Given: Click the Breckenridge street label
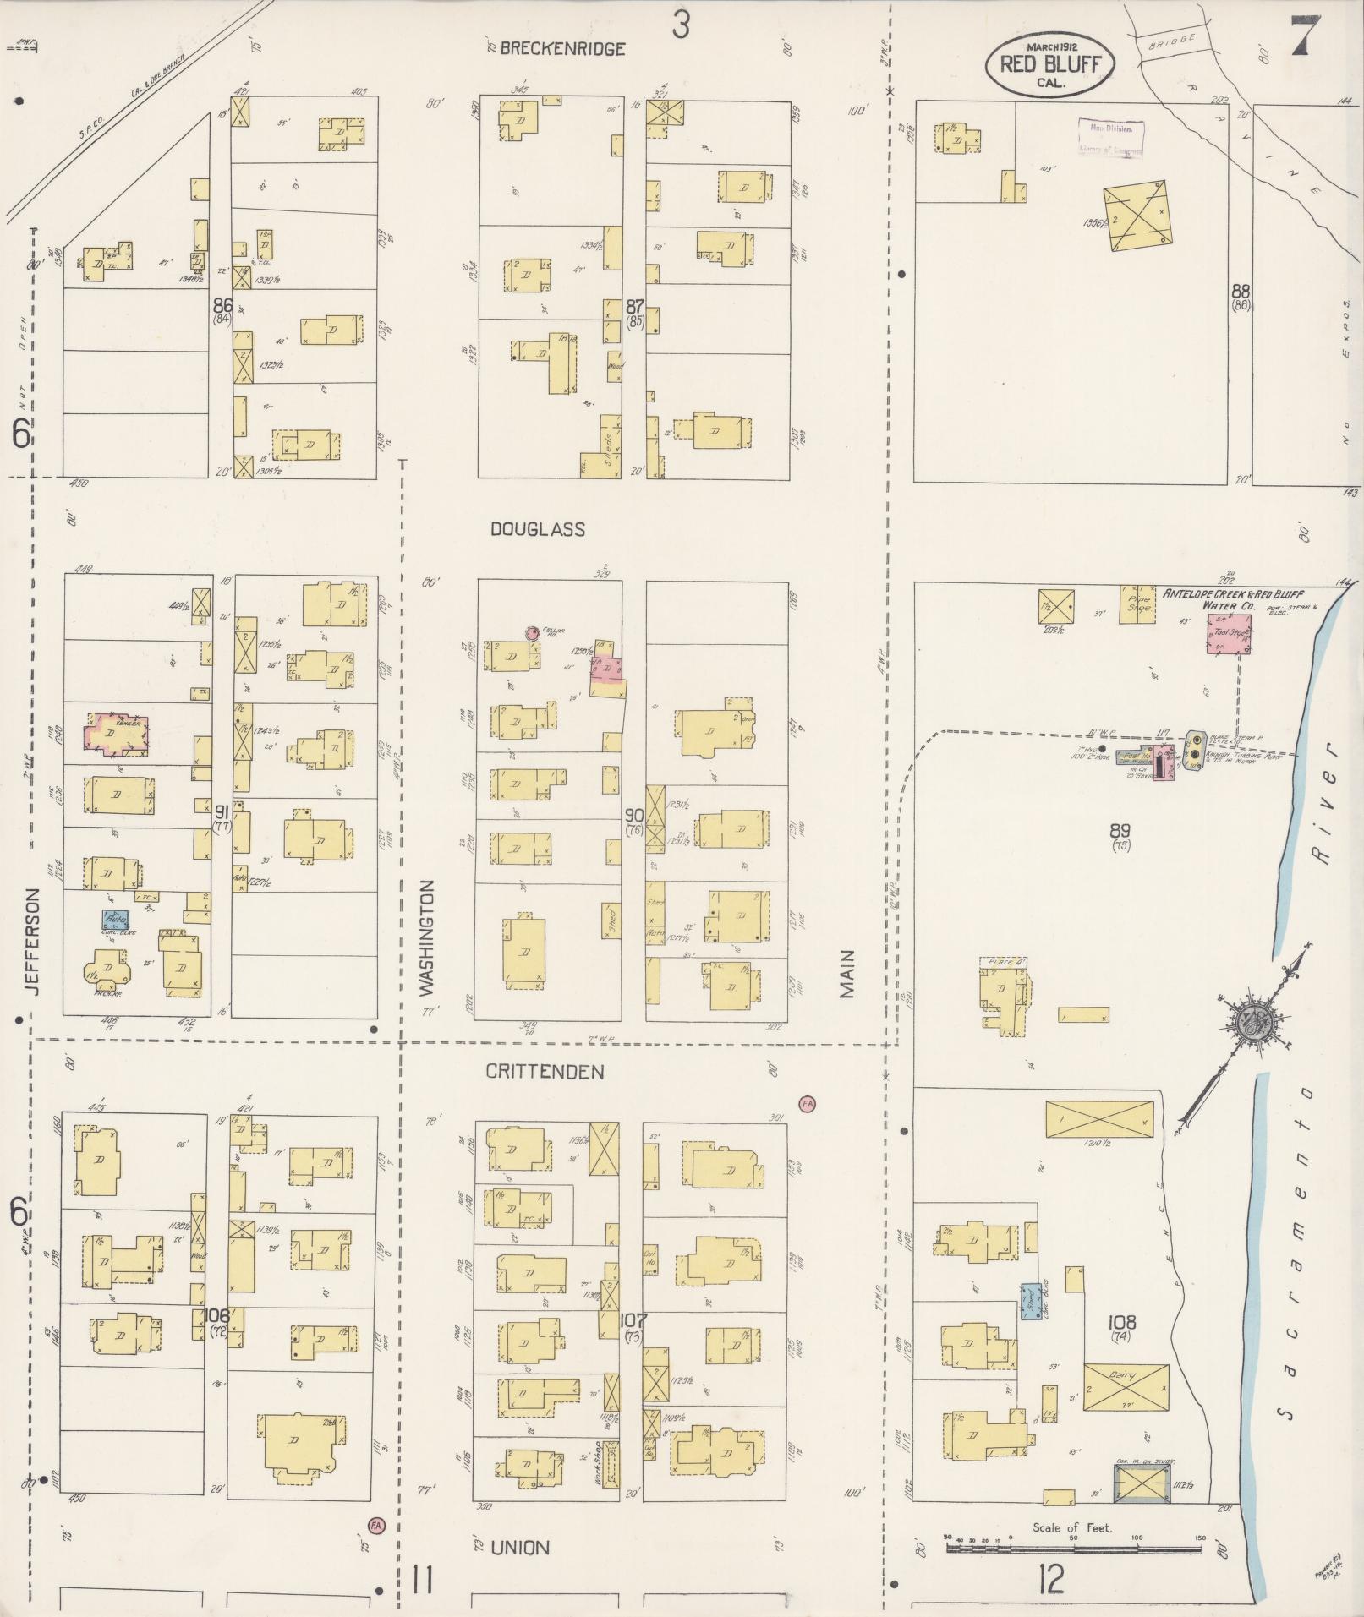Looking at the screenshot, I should click(562, 49).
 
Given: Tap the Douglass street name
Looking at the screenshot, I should click(538, 530).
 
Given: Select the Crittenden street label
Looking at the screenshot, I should click(545, 1072).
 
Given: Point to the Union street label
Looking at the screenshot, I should click(520, 1548).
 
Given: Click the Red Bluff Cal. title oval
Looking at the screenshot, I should click(1049, 64).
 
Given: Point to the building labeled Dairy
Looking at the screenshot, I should click(1126, 1388).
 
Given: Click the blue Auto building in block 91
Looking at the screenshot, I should click(116, 920).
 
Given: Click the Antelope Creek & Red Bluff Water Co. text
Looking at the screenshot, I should click(1230, 599).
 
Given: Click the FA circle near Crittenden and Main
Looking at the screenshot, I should click(807, 1104).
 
